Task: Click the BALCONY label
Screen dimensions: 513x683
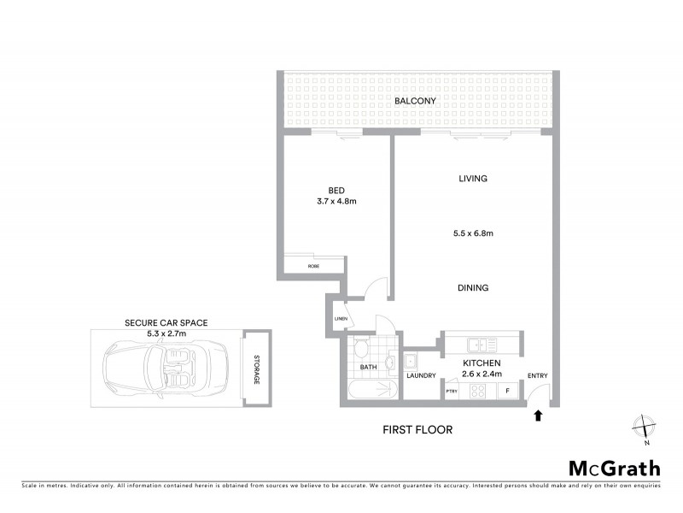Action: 415,101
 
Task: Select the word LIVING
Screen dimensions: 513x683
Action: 472,179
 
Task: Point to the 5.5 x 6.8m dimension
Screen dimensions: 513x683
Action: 473,233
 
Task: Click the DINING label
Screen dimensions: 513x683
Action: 472,288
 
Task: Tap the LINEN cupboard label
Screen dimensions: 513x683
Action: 340,320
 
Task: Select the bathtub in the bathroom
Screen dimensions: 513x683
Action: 373,390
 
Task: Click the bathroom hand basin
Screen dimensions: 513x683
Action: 391,362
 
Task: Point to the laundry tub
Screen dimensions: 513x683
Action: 411,360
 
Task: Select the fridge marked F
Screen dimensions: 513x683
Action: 508,391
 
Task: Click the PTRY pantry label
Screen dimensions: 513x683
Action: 452,391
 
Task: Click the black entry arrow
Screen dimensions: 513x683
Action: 537,416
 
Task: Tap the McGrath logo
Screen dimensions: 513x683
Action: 615,468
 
